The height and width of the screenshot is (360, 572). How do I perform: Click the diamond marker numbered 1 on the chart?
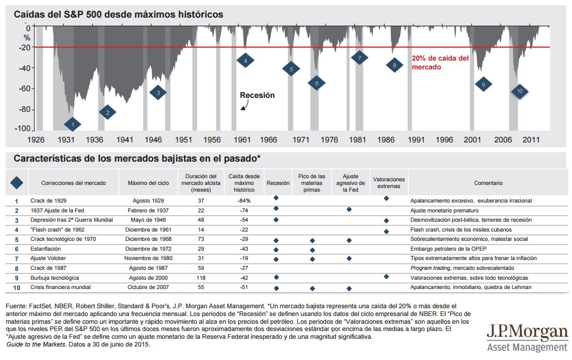[73, 124]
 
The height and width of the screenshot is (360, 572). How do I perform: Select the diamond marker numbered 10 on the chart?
[520, 92]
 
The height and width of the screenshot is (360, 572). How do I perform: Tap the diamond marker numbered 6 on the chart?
[316, 83]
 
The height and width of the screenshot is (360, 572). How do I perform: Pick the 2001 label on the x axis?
[471, 140]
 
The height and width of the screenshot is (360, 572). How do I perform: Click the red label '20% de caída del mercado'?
[440, 63]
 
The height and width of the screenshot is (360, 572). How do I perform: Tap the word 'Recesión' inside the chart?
[257, 95]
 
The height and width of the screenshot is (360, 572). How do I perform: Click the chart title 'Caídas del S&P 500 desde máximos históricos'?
[119, 15]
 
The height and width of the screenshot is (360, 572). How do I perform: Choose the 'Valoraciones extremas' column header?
[389, 183]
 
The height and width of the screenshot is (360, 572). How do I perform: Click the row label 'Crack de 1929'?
[49, 200]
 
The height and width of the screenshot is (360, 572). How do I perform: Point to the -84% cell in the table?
[244, 200]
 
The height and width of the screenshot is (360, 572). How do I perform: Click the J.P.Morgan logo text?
[527, 332]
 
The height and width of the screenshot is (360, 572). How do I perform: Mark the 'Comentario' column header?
[488, 183]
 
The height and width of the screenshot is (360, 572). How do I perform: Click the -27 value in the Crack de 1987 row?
[244, 268]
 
